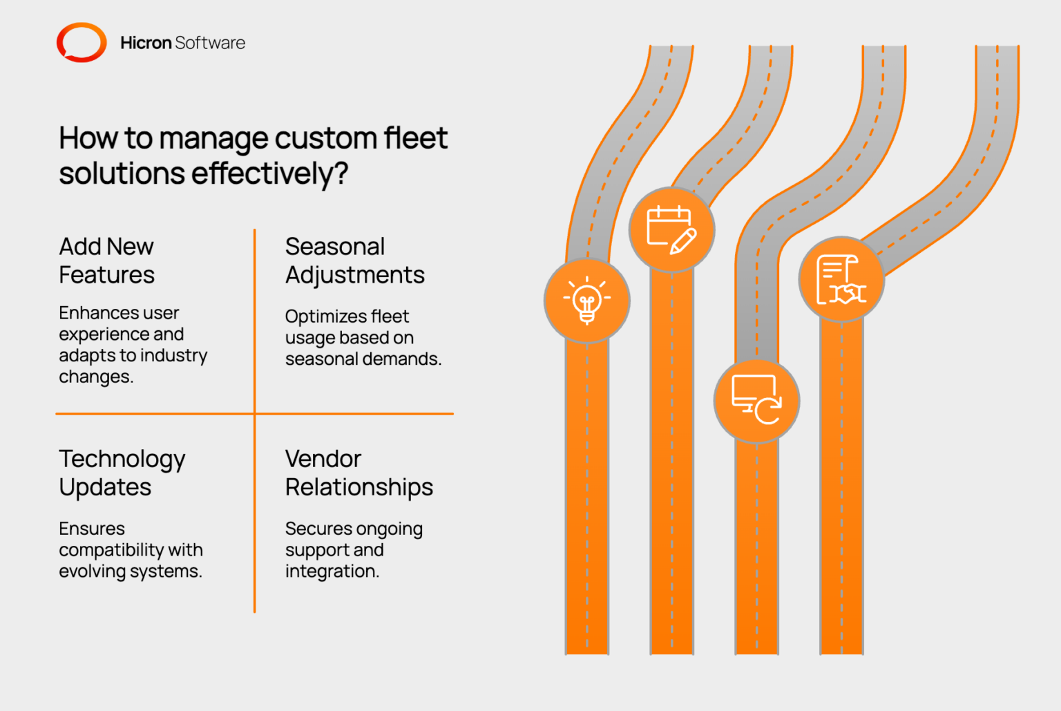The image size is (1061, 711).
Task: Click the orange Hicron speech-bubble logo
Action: (x=82, y=43)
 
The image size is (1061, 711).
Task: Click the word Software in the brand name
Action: (x=210, y=43)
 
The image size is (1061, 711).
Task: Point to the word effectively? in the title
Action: (x=270, y=173)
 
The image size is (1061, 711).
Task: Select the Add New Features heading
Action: (x=106, y=260)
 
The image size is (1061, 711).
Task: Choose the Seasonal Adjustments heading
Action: (x=354, y=260)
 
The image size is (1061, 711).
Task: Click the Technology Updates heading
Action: (x=122, y=473)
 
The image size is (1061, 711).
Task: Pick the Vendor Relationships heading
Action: (x=359, y=473)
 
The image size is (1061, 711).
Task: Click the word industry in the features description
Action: (x=173, y=355)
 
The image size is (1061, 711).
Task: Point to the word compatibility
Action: (x=111, y=550)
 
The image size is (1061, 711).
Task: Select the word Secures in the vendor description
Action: (x=318, y=529)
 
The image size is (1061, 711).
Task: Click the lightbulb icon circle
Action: (x=587, y=301)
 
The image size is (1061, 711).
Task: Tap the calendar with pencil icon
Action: (x=671, y=229)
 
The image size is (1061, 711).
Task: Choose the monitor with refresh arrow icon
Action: (x=756, y=401)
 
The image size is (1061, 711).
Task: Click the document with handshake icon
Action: (x=841, y=279)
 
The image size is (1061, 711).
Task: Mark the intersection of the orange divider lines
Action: (x=255, y=414)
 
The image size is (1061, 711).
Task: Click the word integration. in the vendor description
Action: (x=332, y=571)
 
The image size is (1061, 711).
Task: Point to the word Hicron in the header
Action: (x=146, y=43)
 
